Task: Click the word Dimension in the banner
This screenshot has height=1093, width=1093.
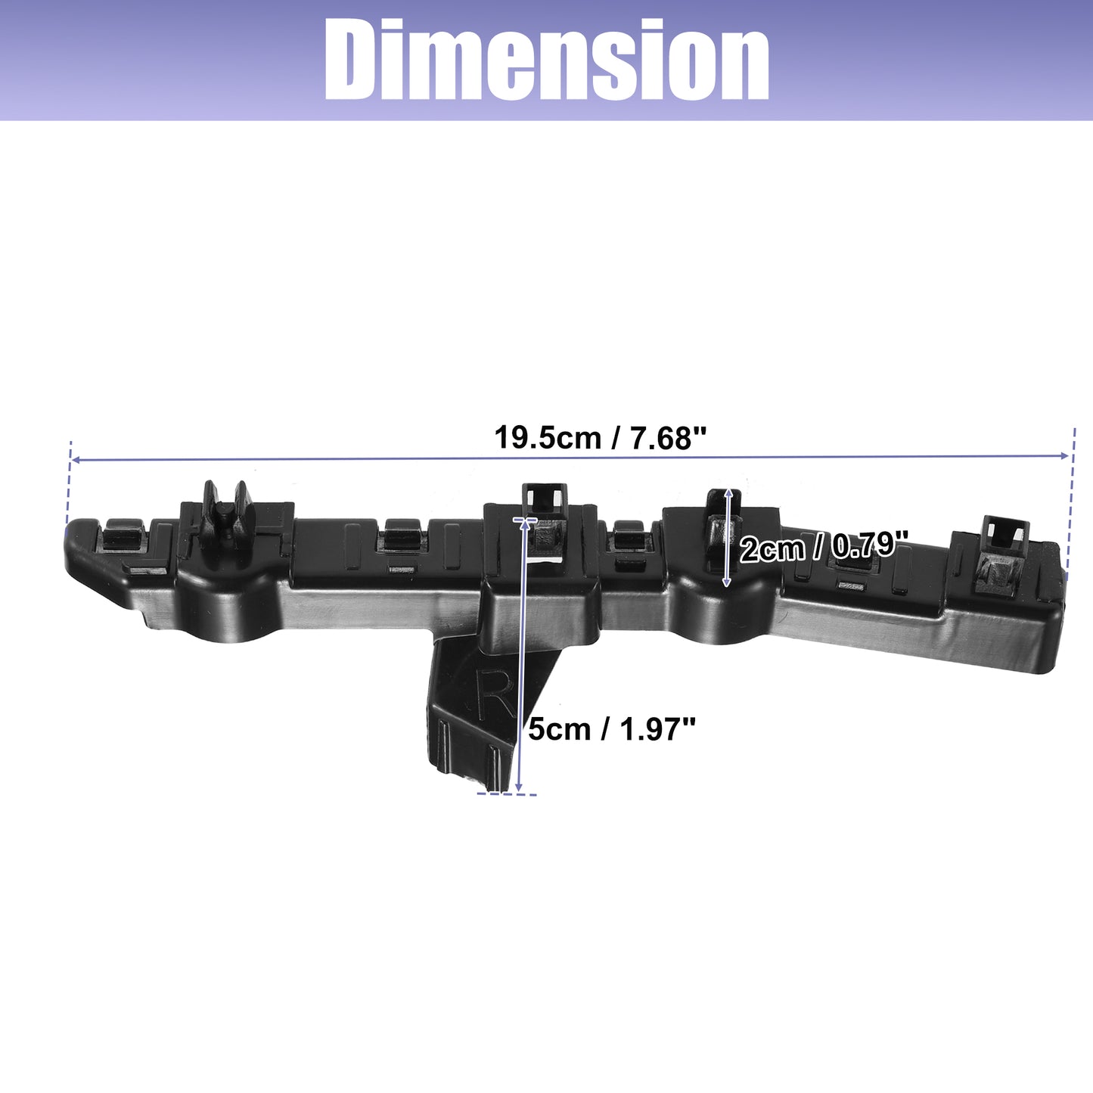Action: click(x=546, y=60)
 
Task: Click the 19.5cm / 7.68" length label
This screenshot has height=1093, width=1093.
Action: click(x=601, y=438)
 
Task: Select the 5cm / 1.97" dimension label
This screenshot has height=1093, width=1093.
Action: click(x=611, y=729)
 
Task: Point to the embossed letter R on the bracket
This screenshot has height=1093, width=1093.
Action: click(x=493, y=694)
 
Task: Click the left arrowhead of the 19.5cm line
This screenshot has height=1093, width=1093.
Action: click(x=76, y=460)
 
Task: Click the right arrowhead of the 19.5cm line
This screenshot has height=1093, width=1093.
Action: click(x=1063, y=455)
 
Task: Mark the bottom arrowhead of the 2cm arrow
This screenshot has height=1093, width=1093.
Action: click(x=727, y=581)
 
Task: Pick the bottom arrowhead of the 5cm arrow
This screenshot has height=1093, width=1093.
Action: click(x=518, y=785)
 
